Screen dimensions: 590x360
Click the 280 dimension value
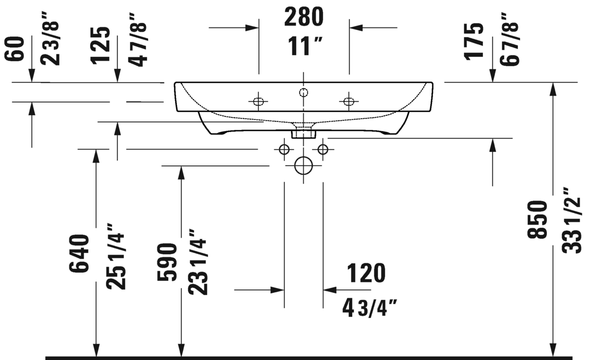[304, 17]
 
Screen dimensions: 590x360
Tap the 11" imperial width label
[305, 46]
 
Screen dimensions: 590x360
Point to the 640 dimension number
[79, 253]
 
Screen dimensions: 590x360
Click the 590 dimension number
[167, 262]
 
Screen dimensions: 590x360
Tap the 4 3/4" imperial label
[369, 308]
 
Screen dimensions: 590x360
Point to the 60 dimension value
[14, 49]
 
